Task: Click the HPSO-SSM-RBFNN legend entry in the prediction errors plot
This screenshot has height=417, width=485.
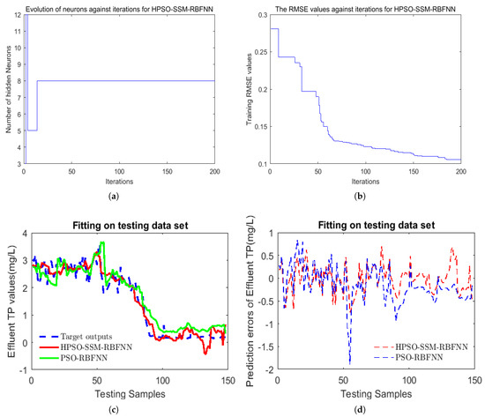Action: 428,347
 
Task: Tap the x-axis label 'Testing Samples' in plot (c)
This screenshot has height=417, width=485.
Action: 121,389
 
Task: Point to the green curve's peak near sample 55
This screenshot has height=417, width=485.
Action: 102,243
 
